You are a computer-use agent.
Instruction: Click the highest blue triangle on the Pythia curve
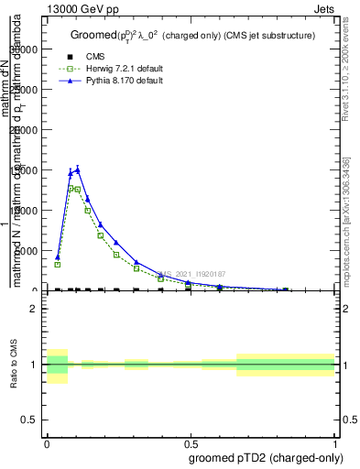(x=78, y=169)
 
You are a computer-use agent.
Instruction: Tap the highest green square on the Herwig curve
(x=71, y=188)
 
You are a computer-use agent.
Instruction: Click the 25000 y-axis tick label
(x=27, y=90)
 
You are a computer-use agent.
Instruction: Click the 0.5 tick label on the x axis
(x=191, y=441)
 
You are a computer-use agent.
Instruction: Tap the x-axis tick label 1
(x=335, y=441)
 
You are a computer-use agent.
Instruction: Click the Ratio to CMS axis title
(x=14, y=365)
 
